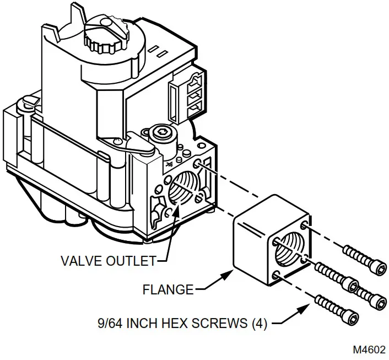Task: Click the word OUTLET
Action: click(x=135, y=260)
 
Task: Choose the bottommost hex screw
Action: click(x=337, y=309)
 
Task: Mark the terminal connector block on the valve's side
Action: click(x=185, y=94)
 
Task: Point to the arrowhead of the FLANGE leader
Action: click(x=232, y=272)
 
